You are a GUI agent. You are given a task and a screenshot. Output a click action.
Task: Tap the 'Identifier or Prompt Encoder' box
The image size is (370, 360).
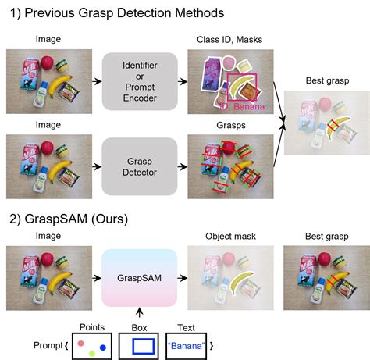point(140,82)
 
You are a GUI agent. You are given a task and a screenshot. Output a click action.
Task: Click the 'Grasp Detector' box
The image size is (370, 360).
point(140,166)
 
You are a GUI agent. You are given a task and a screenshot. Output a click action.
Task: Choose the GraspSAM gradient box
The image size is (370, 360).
point(140,277)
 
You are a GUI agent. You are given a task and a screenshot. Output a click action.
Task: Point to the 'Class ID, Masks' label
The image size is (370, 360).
point(230,39)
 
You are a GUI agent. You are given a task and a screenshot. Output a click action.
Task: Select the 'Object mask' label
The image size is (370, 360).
point(231,233)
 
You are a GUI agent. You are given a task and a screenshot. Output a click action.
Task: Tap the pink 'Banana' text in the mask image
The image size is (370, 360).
point(247,106)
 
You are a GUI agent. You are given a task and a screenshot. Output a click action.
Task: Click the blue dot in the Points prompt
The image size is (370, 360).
point(102,346)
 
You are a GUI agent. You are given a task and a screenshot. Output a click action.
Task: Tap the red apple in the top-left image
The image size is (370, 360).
point(48,62)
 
